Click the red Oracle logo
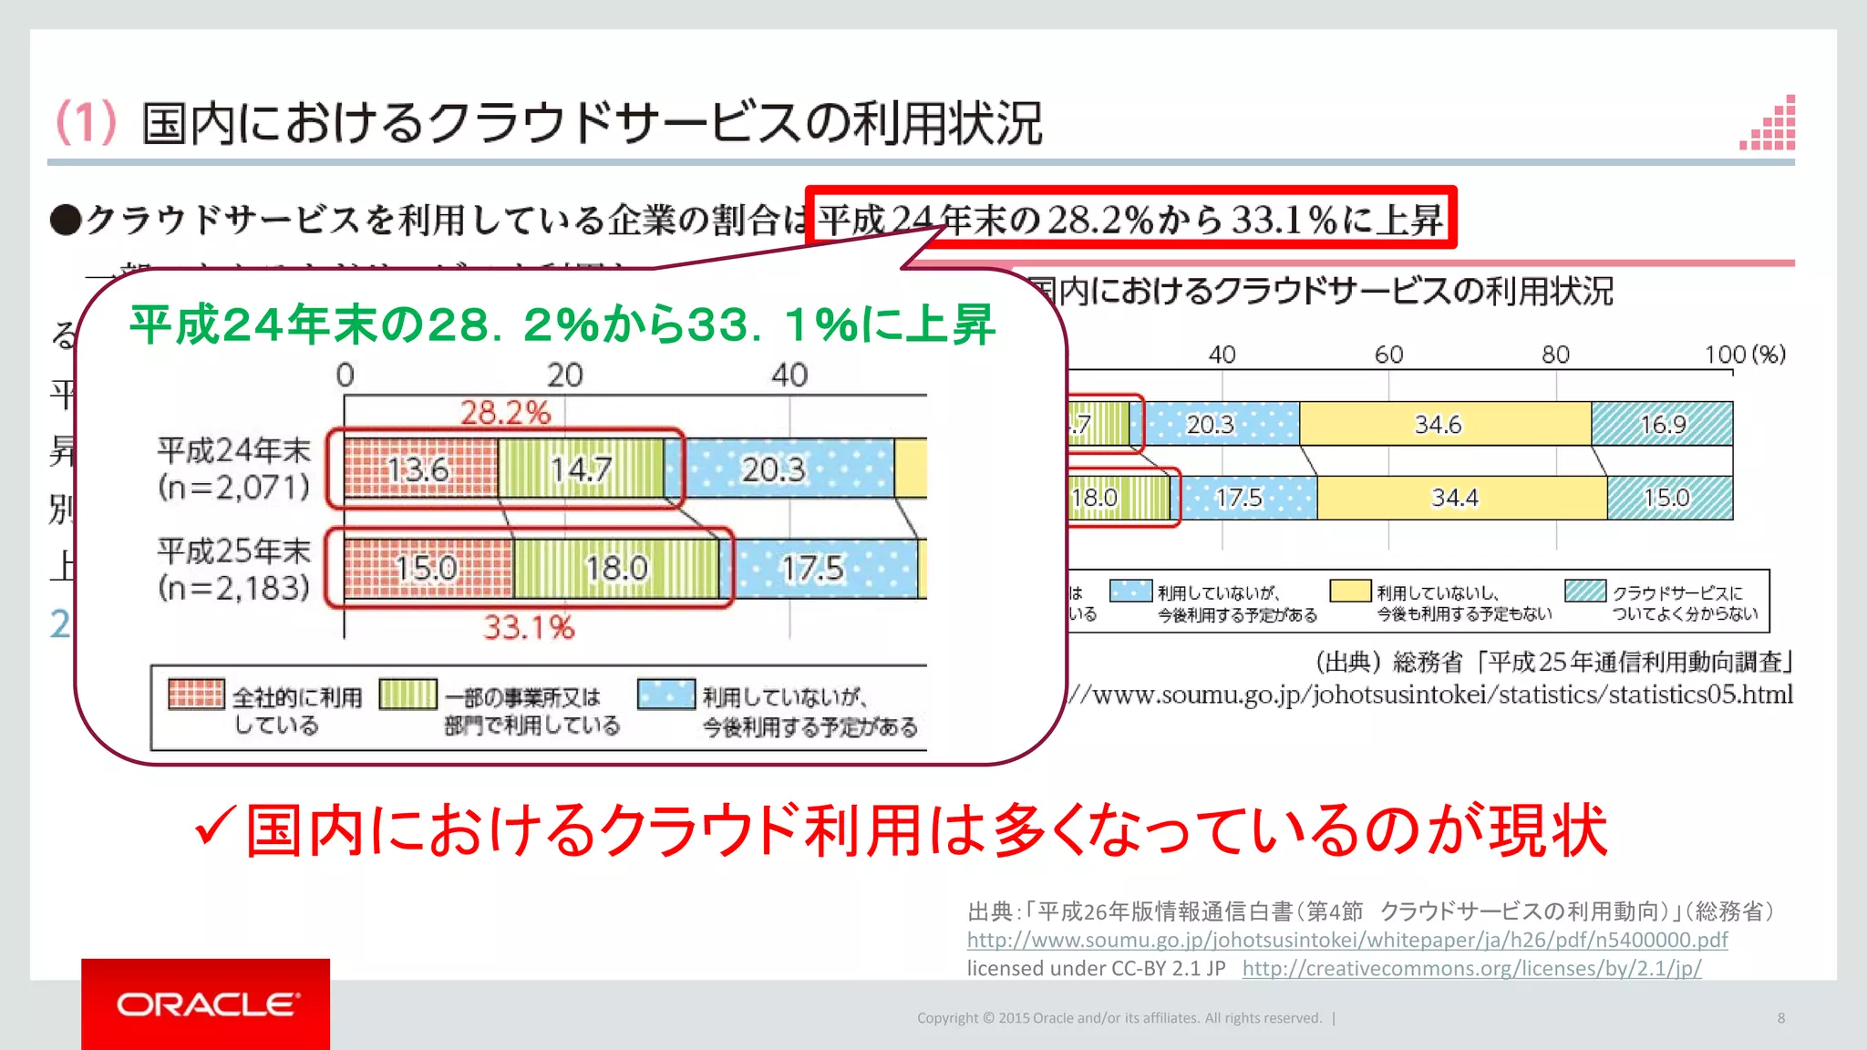(206, 1004)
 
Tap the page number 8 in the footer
(1780, 1018)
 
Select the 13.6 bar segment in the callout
(420, 469)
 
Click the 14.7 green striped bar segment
(581, 469)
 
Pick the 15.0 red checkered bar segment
(428, 569)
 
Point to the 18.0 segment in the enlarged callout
(616, 569)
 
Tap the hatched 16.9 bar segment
(1662, 424)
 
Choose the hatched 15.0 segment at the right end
(1669, 498)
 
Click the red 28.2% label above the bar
(505, 413)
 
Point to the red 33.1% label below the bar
(529, 627)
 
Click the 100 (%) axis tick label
(1744, 355)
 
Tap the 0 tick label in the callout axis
(345, 375)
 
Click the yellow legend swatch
(1350, 592)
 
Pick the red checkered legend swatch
(196, 695)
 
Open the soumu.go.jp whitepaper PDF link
(1346, 940)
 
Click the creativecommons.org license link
(1471, 968)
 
